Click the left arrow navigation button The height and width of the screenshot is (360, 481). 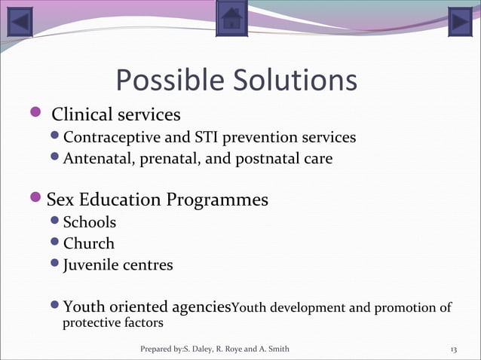(x=21, y=21)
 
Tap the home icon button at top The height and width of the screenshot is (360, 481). (x=231, y=19)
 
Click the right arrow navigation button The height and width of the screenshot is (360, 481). (x=459, y=21)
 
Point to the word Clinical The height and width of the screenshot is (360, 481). (x=82, y=115)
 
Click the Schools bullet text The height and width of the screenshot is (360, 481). (x=90, y=222)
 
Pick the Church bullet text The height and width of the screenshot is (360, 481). (x=89, y=243)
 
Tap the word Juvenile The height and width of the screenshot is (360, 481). (x=91, y=265)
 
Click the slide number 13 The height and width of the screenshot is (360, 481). (x=454, y=349)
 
